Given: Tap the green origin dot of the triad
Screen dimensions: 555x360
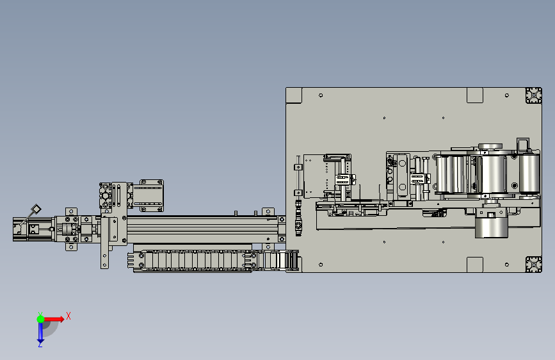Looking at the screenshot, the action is [40, 319].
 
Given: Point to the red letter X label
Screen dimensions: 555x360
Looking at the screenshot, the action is [68, 316].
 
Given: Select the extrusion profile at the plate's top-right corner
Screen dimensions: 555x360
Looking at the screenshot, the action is [533, 95].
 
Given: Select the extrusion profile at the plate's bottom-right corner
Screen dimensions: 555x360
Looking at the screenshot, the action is [533, 265].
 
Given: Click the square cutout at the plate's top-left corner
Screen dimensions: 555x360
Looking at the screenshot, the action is [294, 95].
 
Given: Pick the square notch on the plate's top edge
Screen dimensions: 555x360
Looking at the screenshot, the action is [475, 95].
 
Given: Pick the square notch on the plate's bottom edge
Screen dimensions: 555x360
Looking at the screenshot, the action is [475, 265].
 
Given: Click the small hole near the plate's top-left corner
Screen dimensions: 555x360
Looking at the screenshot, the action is [321, 95].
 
